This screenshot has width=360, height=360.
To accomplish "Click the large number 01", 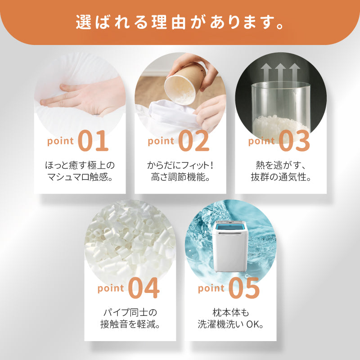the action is coord(93,140).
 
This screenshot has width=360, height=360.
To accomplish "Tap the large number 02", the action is coord(194,140).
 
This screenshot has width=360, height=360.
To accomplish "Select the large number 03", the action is coord(295,140).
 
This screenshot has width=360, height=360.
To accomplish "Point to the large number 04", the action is coord(144,288).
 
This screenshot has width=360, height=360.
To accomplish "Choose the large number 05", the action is coord(244,288).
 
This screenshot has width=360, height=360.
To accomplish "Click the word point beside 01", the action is coord(60,141).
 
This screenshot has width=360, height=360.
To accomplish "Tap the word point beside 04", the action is coord(111,288).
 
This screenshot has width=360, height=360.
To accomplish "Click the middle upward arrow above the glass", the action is coord(280,73).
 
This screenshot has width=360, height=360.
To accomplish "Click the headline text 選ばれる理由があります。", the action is coord(180,22).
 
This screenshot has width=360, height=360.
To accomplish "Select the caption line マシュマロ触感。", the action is coord(80,177).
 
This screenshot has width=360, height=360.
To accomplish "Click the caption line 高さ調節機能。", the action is coord(180,177).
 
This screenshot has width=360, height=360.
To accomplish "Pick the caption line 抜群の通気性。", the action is coord(281,177).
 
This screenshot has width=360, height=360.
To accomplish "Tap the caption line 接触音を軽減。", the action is coord(130,324).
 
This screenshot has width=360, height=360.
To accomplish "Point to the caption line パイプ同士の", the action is coord(130,312).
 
